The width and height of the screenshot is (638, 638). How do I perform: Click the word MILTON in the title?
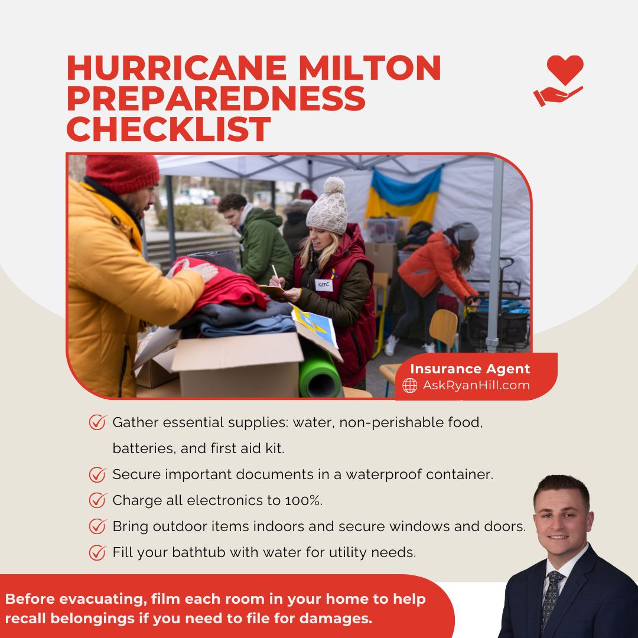tap(369, 68)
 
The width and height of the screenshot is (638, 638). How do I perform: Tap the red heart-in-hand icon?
tap(559, 80)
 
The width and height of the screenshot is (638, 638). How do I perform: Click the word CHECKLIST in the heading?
tap(169, 129)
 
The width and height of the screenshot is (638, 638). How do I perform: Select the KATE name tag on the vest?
tap(324, 285)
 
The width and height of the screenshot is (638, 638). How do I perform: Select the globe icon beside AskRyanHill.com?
tap(410, 385)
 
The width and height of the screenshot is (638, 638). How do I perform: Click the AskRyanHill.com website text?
tap(476, 385)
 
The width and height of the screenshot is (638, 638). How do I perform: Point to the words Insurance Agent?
tap(470, 369)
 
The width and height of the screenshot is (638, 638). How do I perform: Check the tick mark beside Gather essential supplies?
tap(97, 422)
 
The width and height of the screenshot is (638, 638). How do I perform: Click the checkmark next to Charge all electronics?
tap(97, 500)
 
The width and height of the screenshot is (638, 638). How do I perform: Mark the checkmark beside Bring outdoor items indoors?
tap(97, 526)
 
